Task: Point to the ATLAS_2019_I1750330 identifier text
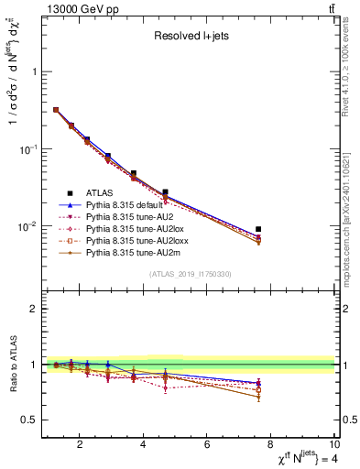click(x=190, y=274)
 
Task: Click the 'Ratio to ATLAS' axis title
click(x=12, y=365)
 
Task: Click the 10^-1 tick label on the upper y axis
click(x=27, y=148)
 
